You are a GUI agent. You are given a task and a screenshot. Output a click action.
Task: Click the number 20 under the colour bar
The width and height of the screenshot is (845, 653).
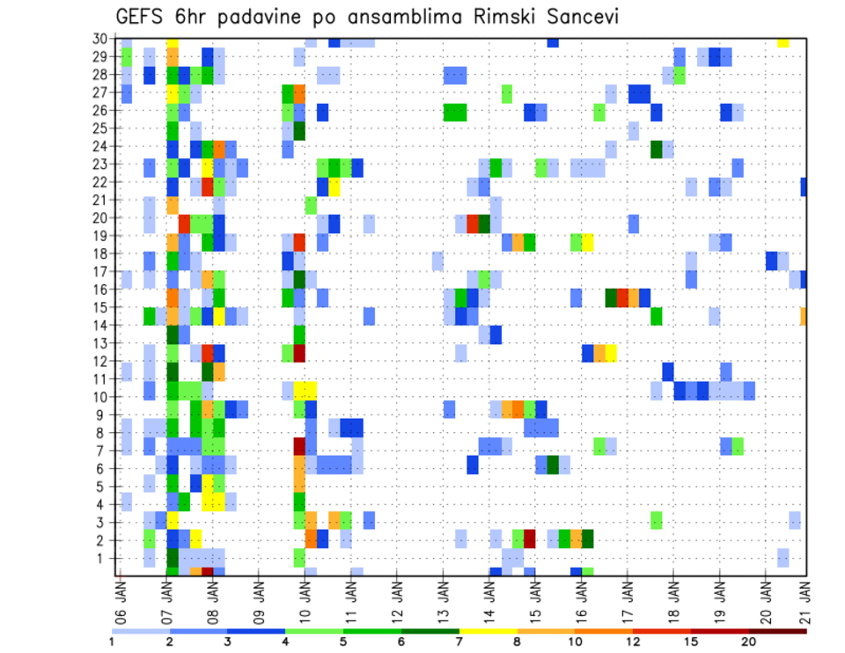pos(749,641)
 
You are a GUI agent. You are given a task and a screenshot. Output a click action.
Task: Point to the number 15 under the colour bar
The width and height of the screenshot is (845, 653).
pos(691,641)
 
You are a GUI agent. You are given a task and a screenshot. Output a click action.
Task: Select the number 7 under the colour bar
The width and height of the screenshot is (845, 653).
pos(459,641)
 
